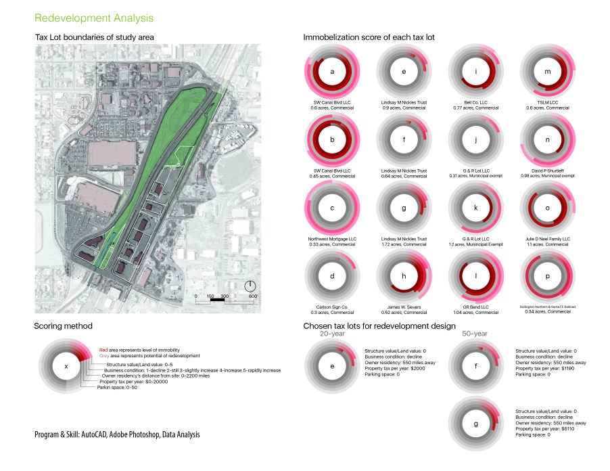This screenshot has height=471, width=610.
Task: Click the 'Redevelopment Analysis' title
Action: click(x=93, y=17)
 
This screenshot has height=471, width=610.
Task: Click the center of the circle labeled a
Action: click(x=332, y=72)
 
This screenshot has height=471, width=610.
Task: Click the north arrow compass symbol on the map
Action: click(x=250, y=286)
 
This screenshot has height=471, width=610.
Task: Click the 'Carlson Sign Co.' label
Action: click(x=332, y=307)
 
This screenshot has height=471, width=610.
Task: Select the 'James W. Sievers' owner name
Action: click(x=404, y=307)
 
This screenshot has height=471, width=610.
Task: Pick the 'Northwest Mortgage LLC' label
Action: click(x=332, y=239)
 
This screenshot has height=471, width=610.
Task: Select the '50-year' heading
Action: click(x=474, y=334)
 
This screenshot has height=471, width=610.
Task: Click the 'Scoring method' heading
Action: click(x=61, y=326)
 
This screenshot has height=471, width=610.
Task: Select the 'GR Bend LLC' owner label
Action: click(x=475, y=307)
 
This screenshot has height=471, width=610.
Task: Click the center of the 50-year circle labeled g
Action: click(x=475, y=425)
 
